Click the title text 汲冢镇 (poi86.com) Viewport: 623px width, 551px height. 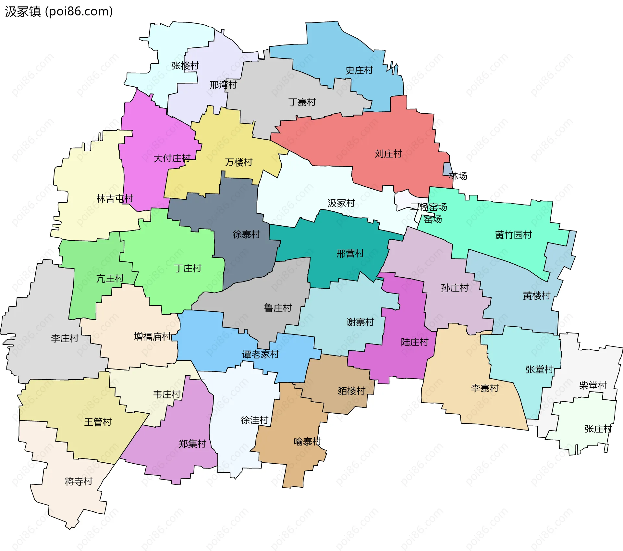59,11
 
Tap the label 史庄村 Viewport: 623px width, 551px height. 359,70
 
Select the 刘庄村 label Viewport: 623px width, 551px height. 388,154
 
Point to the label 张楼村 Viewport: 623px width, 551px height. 185,66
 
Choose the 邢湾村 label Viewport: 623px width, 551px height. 223,85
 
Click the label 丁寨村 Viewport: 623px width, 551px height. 302,102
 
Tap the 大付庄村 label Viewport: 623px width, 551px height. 172,158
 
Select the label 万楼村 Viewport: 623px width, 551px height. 238,162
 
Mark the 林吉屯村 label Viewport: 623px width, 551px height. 115,198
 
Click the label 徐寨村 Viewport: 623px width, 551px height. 246,234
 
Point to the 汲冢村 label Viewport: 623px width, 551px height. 341,203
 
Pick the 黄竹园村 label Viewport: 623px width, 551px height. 513,234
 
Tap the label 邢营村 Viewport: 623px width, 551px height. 350,253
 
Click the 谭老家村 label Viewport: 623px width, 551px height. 260,354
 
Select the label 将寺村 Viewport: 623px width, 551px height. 79,481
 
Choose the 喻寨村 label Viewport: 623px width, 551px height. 307,442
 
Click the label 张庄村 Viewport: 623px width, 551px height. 598,429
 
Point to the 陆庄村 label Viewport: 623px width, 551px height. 414,342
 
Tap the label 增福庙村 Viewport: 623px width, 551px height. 152,336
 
